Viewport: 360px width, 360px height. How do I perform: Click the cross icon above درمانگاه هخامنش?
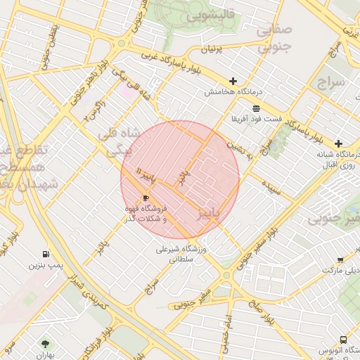pos(233,81)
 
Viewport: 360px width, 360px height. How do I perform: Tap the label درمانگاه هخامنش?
pos(233,92)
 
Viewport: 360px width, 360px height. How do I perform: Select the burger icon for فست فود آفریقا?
pos(256,108)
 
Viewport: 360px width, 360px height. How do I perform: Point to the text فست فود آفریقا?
pos(256,120)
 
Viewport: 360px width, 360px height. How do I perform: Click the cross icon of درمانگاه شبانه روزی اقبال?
pos(339,143)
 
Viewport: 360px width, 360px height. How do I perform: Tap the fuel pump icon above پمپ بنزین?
pos(46,254)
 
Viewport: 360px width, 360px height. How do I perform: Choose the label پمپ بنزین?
pos(45,266)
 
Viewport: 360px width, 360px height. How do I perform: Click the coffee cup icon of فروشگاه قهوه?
pos(146,198)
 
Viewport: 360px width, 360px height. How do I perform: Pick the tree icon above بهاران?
pos(46,344)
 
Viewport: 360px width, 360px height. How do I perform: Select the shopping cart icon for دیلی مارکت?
pos(340,259)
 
